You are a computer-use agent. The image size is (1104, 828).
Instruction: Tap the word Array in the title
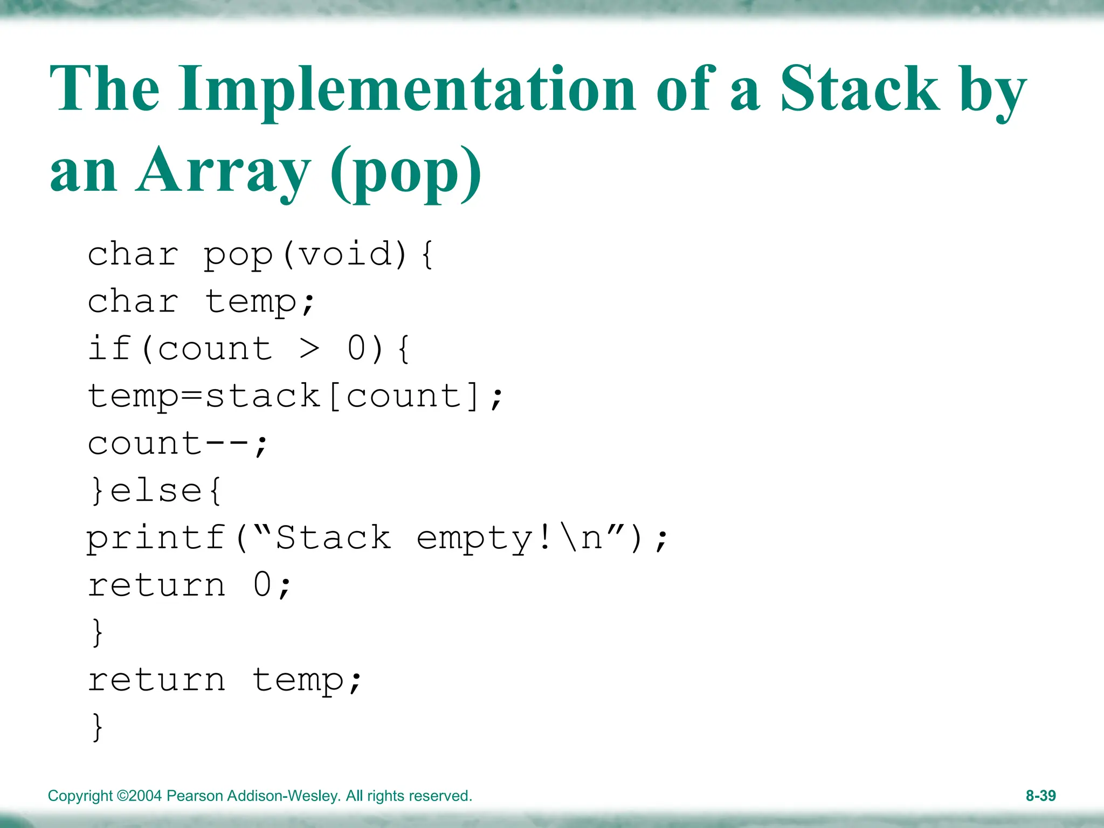pos(223,171)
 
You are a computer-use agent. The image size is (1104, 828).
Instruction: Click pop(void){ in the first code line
pos(318,254)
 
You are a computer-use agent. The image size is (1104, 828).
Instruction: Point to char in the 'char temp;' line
pos(133,301)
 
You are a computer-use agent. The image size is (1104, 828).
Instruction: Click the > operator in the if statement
pos(309,349)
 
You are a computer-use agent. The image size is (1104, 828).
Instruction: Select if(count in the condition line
pos(180,349)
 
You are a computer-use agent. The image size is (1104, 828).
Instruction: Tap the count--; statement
pos(178,444)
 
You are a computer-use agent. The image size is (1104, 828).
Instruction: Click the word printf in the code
pos(156,538)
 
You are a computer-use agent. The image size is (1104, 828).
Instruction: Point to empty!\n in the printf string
pos(509,538)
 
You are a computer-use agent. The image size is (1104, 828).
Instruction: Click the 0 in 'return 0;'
pos(263,584)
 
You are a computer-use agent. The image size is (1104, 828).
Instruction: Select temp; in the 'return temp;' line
pos(306,680)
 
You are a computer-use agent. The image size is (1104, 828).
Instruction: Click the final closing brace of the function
pos(97,726)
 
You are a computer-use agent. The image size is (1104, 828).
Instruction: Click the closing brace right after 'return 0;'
pos(97,632)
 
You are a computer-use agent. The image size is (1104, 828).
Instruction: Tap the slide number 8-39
pos(1040,796)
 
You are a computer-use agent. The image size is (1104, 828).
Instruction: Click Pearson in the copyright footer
pos(195,796)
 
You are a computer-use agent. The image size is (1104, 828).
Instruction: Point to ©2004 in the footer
pos(139,796)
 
